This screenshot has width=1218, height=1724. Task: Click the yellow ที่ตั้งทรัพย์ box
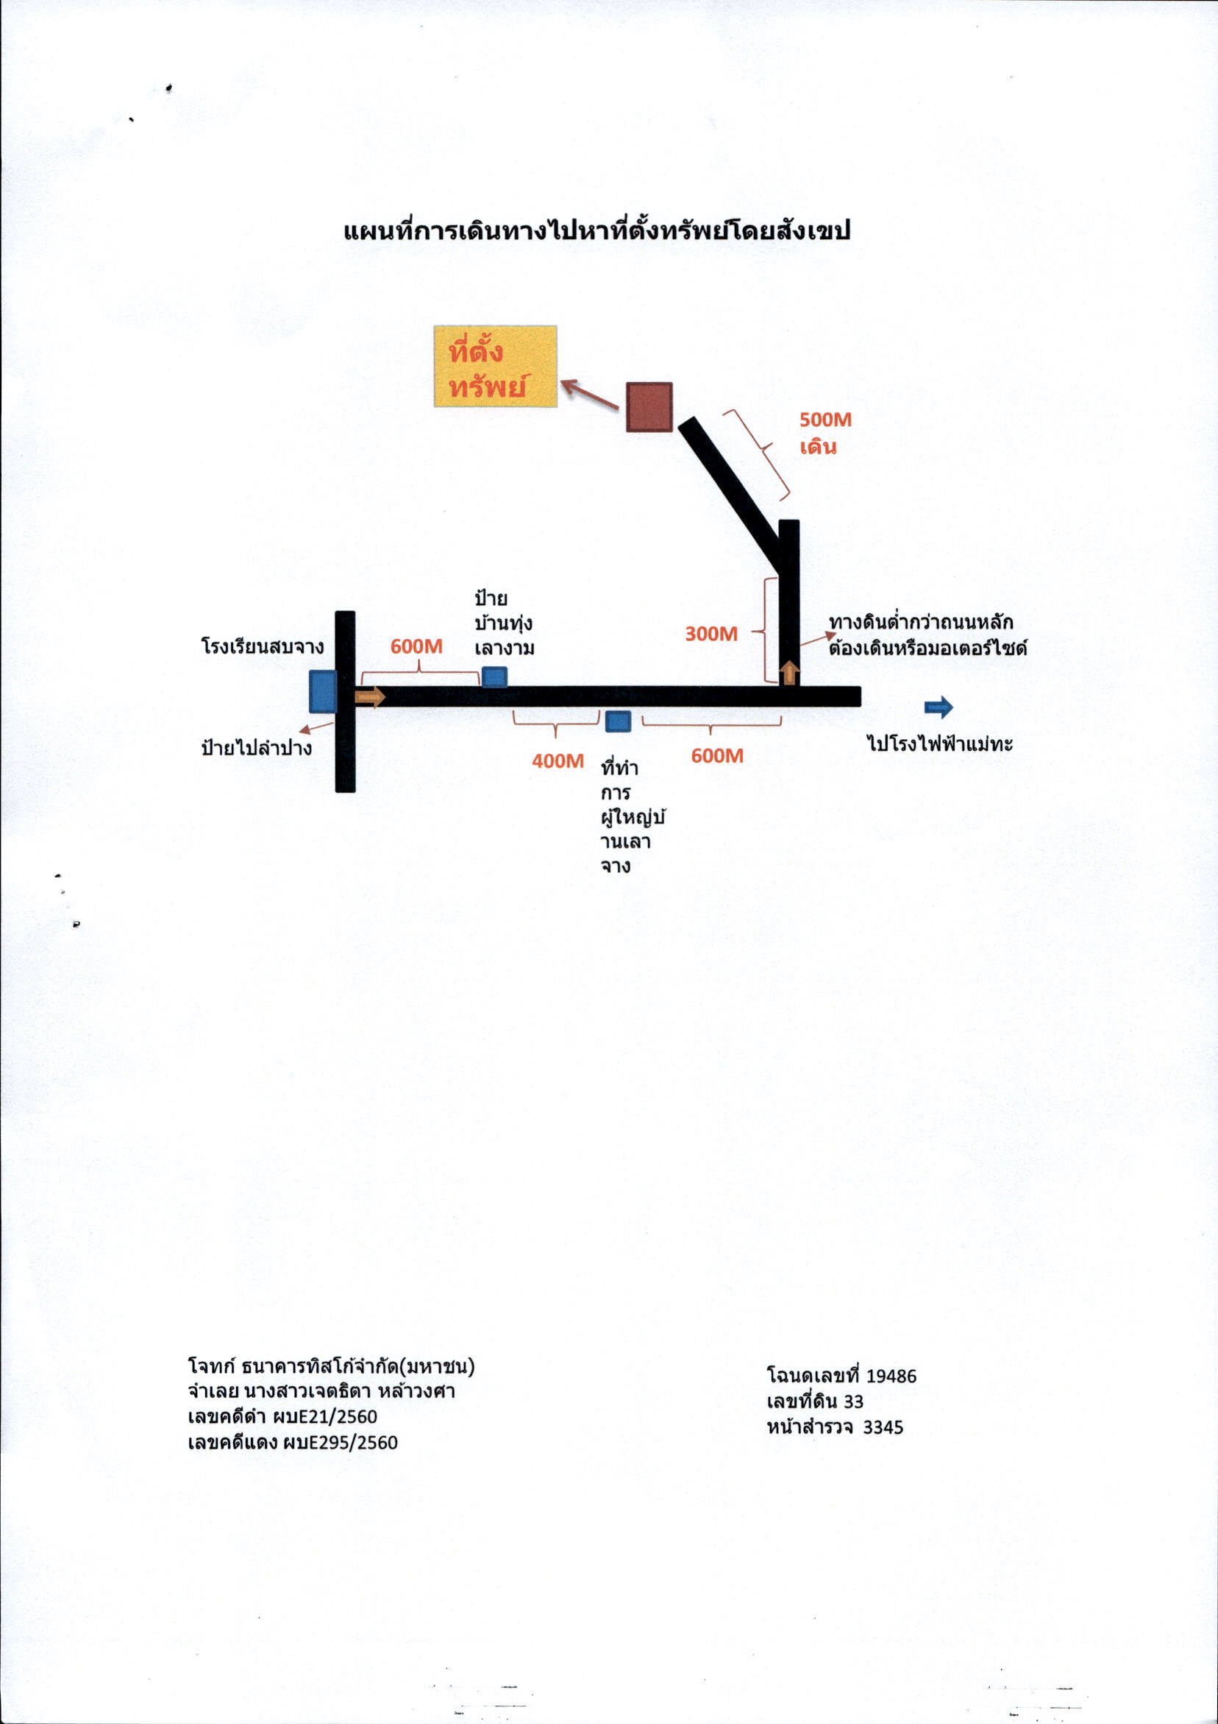[495, 366]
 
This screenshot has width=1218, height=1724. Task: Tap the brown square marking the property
[649, 407]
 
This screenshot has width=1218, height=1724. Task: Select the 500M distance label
[825, 420]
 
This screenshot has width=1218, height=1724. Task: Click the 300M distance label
[711, 634]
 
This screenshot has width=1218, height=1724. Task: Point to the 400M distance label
[558, 760]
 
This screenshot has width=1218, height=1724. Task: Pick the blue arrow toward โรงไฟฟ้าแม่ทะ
[939, 707]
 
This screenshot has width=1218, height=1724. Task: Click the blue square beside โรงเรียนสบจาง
[323, 691]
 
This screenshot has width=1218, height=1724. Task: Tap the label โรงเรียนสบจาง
[263, 646]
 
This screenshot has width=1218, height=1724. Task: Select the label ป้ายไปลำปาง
[257, 747]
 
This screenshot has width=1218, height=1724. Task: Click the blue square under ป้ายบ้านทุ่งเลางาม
[494, 676]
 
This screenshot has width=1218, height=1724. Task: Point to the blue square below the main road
[618, 721]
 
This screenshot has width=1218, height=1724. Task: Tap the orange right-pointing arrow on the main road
[370, 697]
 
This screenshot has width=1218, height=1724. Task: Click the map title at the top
[596, 230]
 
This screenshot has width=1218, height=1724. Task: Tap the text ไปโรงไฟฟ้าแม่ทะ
[940, 743]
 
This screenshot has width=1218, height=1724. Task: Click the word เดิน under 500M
[818, 448]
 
